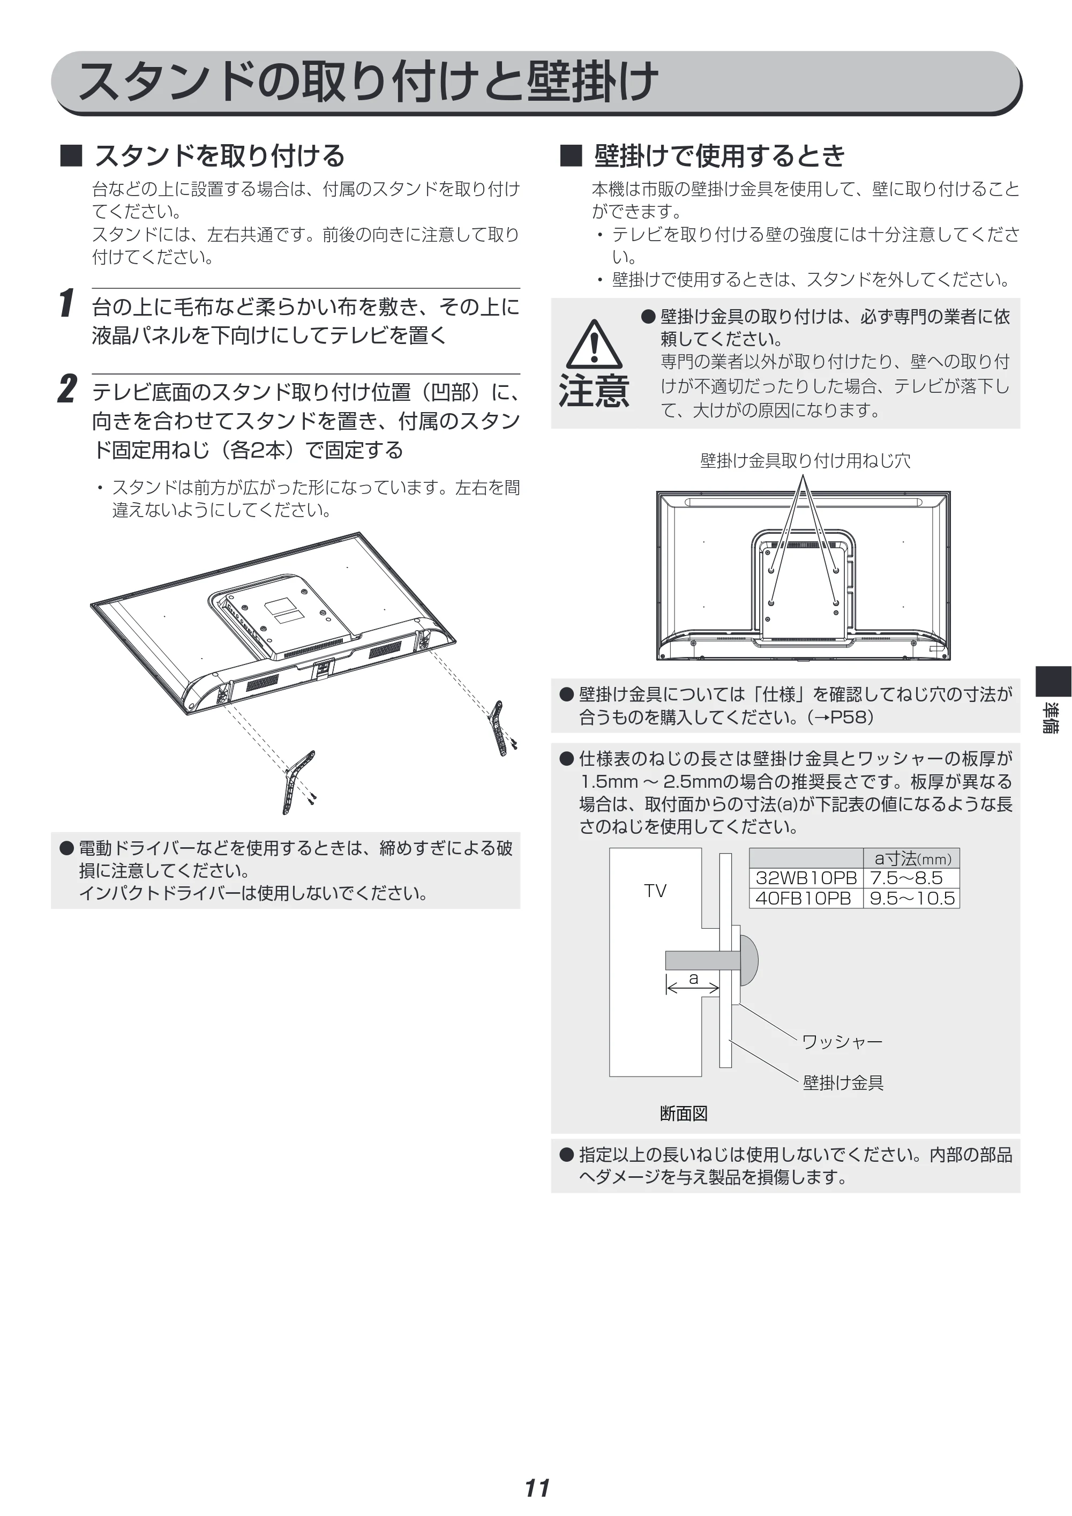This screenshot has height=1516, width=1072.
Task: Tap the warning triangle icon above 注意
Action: tap(594, 344)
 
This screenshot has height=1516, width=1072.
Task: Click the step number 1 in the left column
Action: tap(66, 303)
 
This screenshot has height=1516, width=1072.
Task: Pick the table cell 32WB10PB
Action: tap(806, 878)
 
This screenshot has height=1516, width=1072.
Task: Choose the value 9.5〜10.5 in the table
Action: tap(912, 898)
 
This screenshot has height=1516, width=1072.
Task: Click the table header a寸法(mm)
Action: tap(913, 858)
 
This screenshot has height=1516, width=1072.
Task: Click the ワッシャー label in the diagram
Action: tap(842, 1041)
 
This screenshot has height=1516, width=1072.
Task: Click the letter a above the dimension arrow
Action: tap(693, 978)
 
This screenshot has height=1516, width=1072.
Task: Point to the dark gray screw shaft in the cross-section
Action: tap(702, 960)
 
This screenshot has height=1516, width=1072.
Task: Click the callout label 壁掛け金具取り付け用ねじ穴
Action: tap(805, 460)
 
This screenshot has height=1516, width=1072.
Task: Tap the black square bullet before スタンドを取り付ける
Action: tap(71, 156)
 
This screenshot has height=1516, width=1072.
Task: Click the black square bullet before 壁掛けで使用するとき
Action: tap(571, 156)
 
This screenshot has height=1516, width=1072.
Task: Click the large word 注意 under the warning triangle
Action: tap(594, 390)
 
